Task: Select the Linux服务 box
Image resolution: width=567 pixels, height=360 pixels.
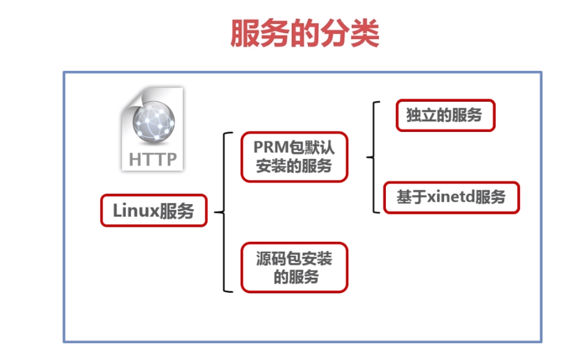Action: pyautogui.click(x=153, y=210)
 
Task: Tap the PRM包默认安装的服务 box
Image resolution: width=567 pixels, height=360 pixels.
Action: pyautogui.click(x=294, y=156)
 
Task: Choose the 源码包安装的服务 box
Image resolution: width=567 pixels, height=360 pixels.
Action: pyautogui.click(x=294, y=267)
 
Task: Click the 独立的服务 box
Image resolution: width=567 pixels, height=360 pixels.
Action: pyautogui.click(x=445, y=115)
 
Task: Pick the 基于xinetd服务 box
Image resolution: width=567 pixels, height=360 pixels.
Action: pyautogui.click(x=451, y=197)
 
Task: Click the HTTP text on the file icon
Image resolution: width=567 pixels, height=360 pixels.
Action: pyautogui.click(x=152, y=159)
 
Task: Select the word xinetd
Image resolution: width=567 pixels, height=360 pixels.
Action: pyautogui.click(x=451, y=197)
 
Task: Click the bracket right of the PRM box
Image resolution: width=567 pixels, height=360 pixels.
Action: pyautogui.click(x=372, y=157)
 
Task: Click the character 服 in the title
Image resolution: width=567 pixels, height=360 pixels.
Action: pyautogui.click(x=245, y=33)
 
